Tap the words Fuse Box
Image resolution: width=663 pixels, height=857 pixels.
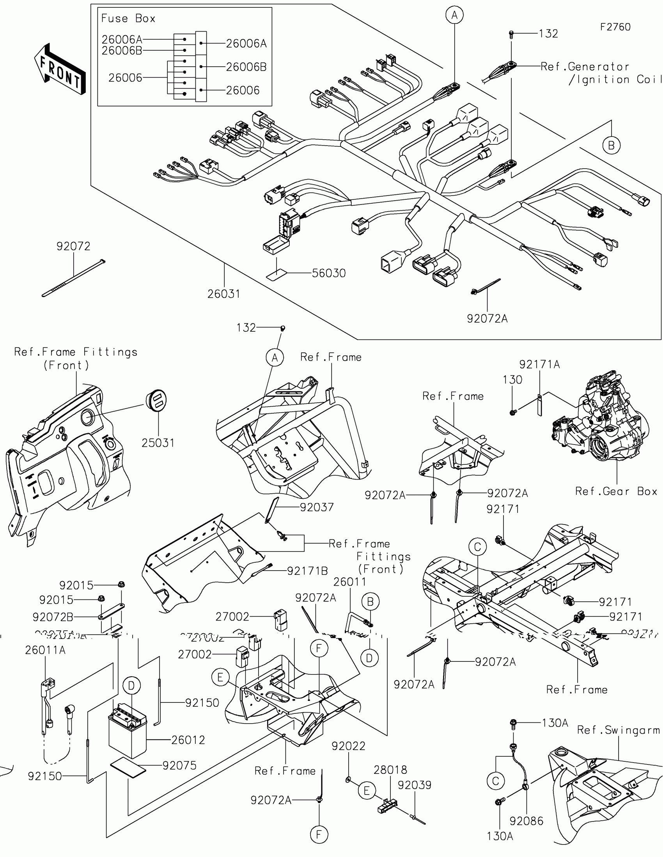coord(128,18)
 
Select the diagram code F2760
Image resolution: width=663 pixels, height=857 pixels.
coord(615,27)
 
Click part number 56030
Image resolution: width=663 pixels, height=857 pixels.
coord(328,273)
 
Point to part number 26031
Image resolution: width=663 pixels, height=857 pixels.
coord(223,294)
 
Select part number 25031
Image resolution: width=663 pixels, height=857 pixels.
coord(158,443)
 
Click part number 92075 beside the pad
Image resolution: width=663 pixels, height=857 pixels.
coord(179,765)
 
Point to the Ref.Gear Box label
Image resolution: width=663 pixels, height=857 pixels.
coord(616,491)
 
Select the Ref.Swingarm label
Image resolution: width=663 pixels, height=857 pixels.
coord(618,730)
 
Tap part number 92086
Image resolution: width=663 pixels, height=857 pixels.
coord(526,821)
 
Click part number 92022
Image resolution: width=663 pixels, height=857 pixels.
coord(348,746)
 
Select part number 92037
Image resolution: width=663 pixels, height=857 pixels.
coord(317,507)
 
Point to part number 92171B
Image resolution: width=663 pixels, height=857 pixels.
coord(307,571)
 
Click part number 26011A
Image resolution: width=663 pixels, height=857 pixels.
coord(45,650)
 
